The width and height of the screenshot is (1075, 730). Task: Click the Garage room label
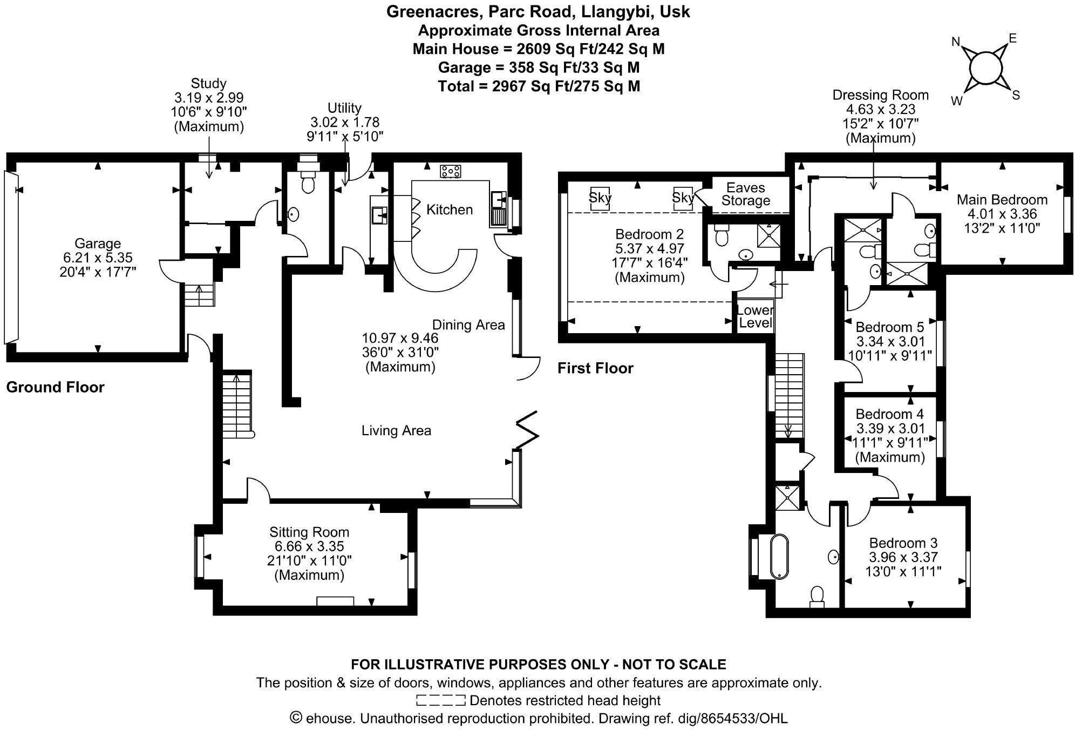pos(97,244)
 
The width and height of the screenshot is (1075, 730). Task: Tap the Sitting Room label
pos(309,532)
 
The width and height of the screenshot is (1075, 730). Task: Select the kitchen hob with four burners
pos(451,172)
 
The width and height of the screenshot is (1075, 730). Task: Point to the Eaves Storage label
pos(745,194)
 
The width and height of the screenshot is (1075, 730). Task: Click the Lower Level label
pos(755,317)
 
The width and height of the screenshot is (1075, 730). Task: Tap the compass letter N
pos(956,42)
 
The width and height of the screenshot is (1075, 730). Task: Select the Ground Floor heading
pos(55,387)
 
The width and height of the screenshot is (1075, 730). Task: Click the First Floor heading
pos(595,368)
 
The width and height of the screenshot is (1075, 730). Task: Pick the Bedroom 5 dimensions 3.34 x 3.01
pos(890,342)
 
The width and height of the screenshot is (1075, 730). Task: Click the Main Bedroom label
pos(1002,200)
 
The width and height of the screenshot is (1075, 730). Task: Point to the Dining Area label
pos(468,325)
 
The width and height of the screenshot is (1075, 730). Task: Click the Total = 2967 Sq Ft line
pos(539,86)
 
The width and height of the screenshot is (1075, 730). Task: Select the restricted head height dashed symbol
pos(440,701)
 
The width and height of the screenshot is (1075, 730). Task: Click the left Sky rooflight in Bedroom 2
pos(600,198)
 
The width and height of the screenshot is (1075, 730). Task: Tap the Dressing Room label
pos(880,95)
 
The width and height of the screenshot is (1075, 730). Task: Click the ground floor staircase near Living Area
pos(237,405)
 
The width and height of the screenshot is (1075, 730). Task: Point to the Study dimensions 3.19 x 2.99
pos(208,98)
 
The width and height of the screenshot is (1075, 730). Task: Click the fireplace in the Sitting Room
pos(335,601)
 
